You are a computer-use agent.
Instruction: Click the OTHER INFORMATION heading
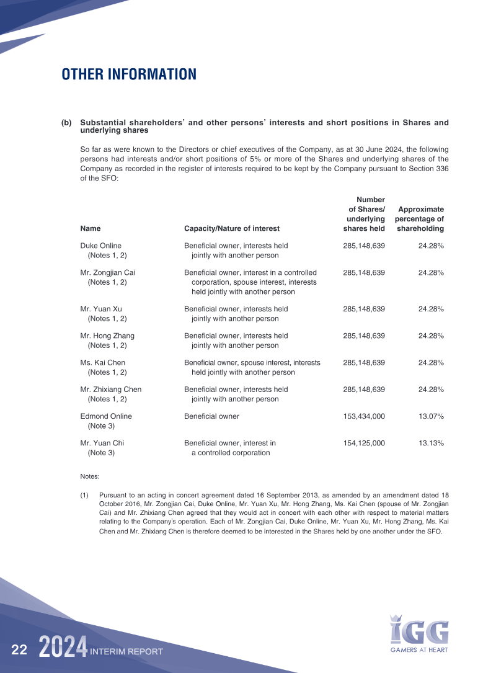pos(129,75)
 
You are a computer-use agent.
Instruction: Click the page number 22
pos(19,650)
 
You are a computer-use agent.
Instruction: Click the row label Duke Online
pos(101,246)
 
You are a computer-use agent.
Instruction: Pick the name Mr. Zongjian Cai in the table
pos(108,272)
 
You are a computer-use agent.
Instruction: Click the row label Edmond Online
pos(106,416)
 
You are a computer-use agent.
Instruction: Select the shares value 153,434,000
pos(364,416)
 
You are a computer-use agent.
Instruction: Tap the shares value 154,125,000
pos(364,443)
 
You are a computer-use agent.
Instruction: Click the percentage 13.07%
pos(431,416)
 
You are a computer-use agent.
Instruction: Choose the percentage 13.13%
pos(431,443)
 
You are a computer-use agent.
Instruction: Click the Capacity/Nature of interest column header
pos(232,228)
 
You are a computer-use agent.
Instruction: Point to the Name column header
pos(91,228)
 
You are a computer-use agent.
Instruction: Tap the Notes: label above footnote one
pos(90,476)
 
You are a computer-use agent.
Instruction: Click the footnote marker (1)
pos(84,495)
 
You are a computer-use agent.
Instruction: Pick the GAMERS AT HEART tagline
pos(418,650)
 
